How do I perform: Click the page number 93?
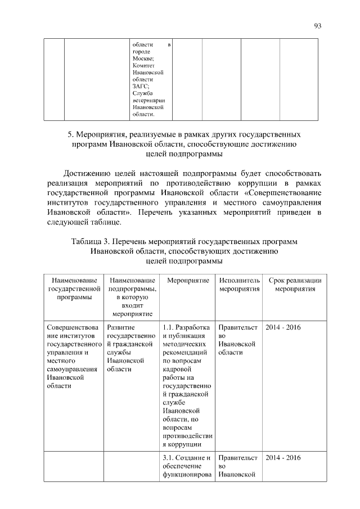point(317,26)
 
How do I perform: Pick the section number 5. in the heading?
point(71,135)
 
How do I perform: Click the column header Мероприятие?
point(185,280)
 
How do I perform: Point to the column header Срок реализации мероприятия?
point(295,285)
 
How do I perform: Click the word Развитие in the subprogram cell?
point(120,327)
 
